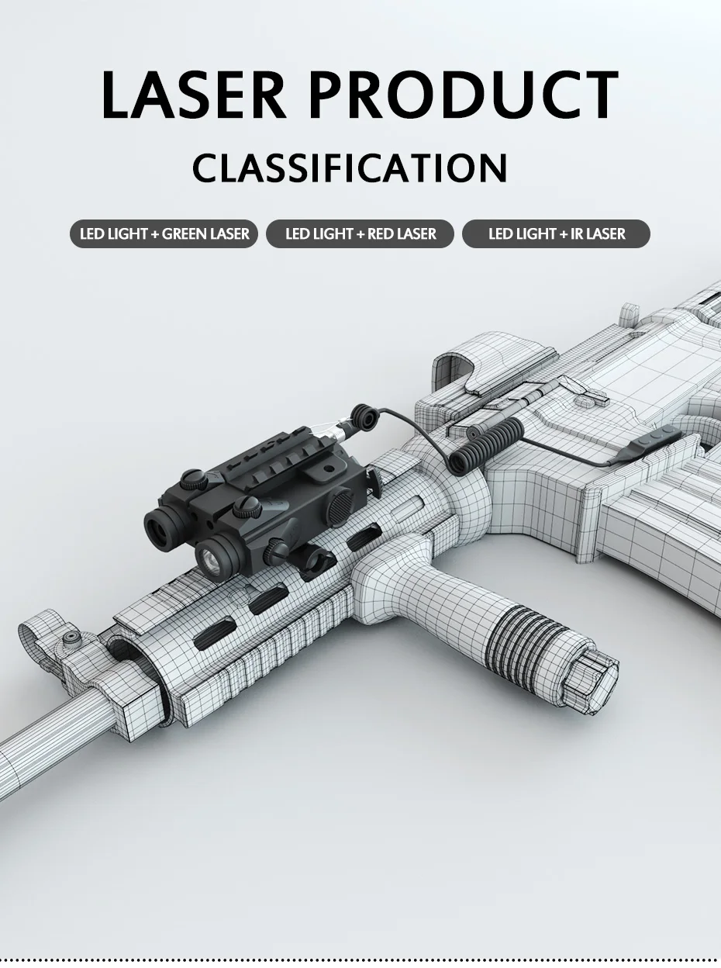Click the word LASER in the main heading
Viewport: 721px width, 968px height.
click(x=193, y=95)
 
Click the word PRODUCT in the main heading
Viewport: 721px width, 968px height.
click(x=464, y=95)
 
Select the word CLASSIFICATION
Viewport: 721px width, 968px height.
click(x=350, y=168)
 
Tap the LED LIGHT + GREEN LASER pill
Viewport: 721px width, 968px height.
click(x=164, y=233)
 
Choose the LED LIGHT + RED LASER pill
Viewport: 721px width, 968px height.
click(x=360, y=233)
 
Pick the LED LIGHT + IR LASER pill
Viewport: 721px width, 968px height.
click(x=556, y=233)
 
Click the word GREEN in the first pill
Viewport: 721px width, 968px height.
click(x=185, y=233)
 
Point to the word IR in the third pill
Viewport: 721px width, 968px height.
click(x=577, y=233)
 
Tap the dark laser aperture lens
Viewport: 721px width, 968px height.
click(x=160, y=528)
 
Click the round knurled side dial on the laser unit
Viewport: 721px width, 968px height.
click(x=340, y=509)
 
